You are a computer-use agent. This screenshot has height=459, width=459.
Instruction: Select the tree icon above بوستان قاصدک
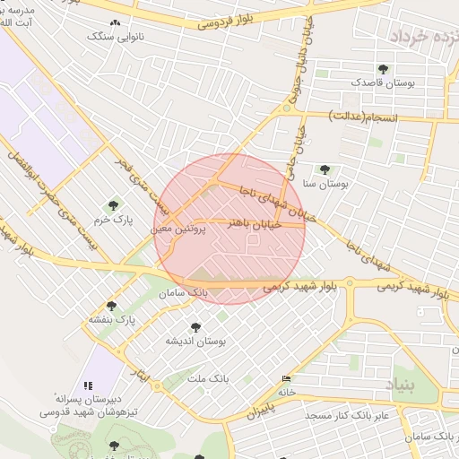pos(384,68)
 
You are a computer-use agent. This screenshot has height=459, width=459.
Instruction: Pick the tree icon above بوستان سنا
pos(325,169)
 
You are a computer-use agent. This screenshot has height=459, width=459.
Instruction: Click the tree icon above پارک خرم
pos(112,205)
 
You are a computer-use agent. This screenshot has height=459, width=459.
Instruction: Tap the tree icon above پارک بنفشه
pos(111,306)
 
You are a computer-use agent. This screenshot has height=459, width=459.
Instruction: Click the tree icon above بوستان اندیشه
pos(195,327)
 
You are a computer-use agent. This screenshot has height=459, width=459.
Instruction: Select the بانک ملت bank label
pos(208,379)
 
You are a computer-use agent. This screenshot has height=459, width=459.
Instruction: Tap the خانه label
pos(286,392)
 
